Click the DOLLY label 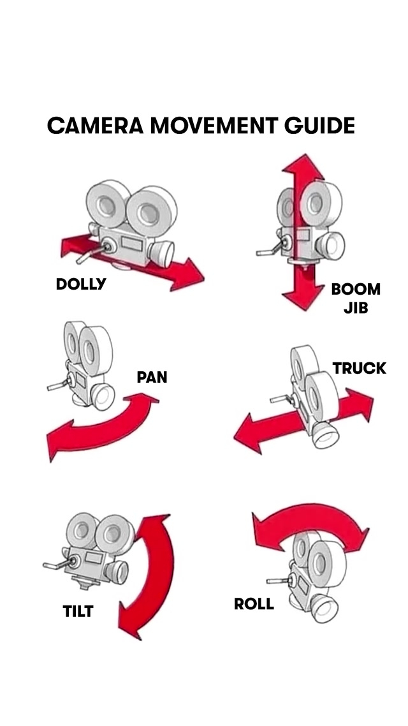point(81,285)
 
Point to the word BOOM point(356,290)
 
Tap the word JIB point(356,309)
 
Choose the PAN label point(152,377)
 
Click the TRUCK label point(360,368)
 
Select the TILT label point(78,612)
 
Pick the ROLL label point(254,604)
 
